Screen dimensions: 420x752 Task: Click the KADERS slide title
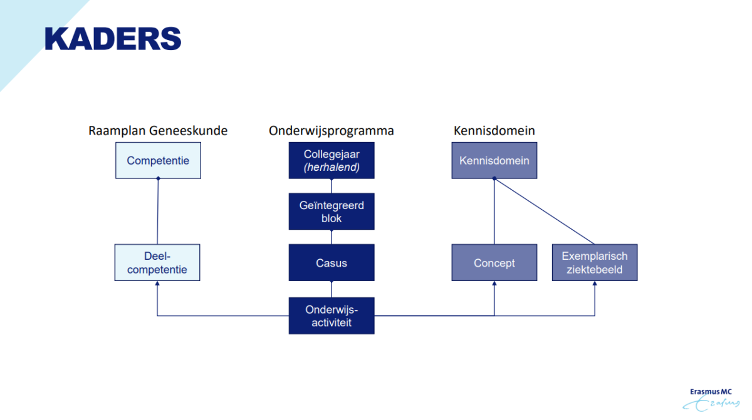(x=113, y=39)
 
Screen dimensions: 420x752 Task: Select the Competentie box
(x=158, y=160)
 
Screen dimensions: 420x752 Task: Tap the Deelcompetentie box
(x=157, y=263)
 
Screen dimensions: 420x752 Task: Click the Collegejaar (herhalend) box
(x=332, y=160)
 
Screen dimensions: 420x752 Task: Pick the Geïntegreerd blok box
(x=332, y=212)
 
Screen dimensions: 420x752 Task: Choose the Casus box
(x=332, y=263)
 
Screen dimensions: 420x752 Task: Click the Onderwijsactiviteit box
(x=332, y=315)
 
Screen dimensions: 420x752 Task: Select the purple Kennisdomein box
(x=494, y=160)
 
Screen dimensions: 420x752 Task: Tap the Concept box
(x=494, y=263)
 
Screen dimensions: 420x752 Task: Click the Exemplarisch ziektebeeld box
(x=595, y=263)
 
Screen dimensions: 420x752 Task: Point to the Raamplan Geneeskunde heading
(x=158, y=131)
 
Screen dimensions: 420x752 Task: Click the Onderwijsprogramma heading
(x=332, y=131)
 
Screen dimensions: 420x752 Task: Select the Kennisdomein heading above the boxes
(x=494, y=131)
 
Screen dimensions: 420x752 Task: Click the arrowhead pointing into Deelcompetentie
(x=157, y=284)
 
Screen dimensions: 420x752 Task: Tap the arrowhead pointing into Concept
(x=494, y=284)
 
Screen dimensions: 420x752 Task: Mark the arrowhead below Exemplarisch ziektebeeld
(x=595, y=284)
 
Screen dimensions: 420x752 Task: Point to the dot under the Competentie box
(x=158, y=179)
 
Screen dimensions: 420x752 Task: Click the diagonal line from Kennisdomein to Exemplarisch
(x=544, y=212)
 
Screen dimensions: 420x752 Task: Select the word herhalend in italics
(x=332, y=167)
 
